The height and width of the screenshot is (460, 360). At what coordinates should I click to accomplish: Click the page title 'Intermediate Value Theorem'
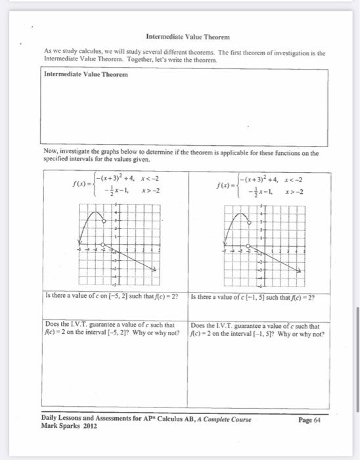[180, 37]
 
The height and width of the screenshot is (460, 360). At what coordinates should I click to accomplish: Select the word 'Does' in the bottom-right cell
[198, 324]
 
